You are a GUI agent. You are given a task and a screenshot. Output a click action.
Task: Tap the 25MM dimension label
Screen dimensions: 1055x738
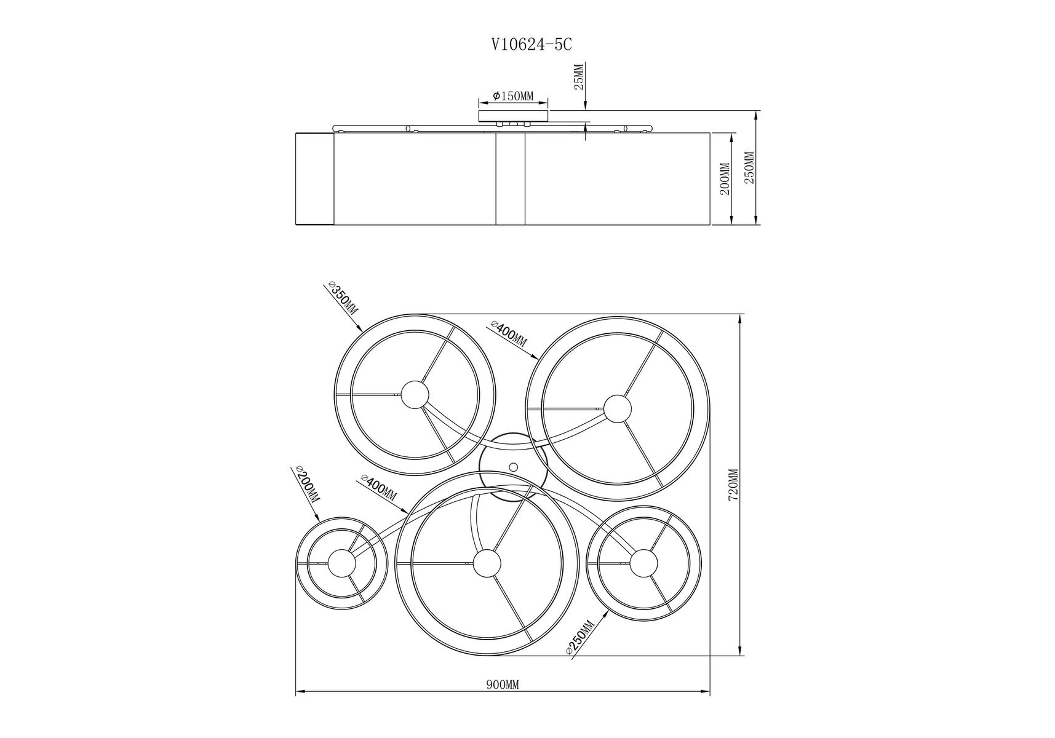(x=579, y=76)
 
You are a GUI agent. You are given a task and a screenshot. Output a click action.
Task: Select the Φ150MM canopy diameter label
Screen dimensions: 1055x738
(x=513, y=96)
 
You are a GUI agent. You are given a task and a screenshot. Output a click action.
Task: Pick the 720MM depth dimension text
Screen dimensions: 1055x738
(x=733, y=485)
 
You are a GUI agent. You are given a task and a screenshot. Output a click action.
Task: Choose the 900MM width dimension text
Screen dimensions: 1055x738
(x=503, y=685)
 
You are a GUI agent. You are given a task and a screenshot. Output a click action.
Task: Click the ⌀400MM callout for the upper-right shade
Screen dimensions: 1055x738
(x=509, y=333)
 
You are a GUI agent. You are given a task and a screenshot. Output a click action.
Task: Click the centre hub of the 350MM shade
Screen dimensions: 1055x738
(x=415, y=394)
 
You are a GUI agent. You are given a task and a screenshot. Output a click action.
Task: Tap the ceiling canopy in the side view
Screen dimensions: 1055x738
(x=513, y=116)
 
